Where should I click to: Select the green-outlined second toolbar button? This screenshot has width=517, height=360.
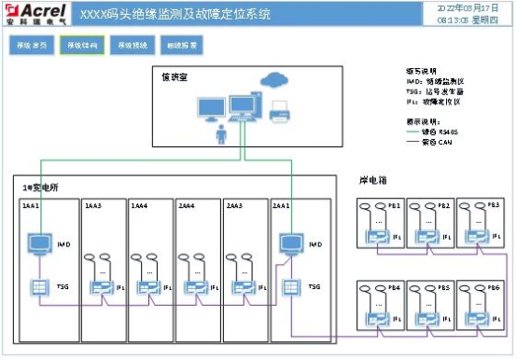pos(80,46)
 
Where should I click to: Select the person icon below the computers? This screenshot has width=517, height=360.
pos(221,136)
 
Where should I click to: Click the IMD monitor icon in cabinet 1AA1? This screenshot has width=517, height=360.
pos(40,244)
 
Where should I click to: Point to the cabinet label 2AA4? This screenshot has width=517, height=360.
pos(187,204)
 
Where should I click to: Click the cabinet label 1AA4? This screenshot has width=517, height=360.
pos(139,204)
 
